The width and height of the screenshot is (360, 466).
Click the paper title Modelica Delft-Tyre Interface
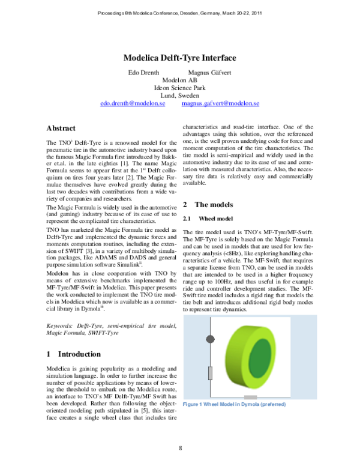[x=179, y=58]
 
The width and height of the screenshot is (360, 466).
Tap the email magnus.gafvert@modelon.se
[x=220, y=103]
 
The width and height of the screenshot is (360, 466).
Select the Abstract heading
[x=61, y=129]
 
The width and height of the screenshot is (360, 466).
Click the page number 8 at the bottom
[x=180, y=448]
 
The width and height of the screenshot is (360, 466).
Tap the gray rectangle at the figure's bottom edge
[x=251, y=398]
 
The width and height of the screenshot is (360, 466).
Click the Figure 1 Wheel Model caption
[x=235, y=404]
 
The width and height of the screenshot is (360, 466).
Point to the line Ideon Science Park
[x=180, y=88]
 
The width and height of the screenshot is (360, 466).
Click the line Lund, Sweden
[x=180, y=95]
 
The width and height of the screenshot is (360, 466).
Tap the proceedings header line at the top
[x=179, y=13]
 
